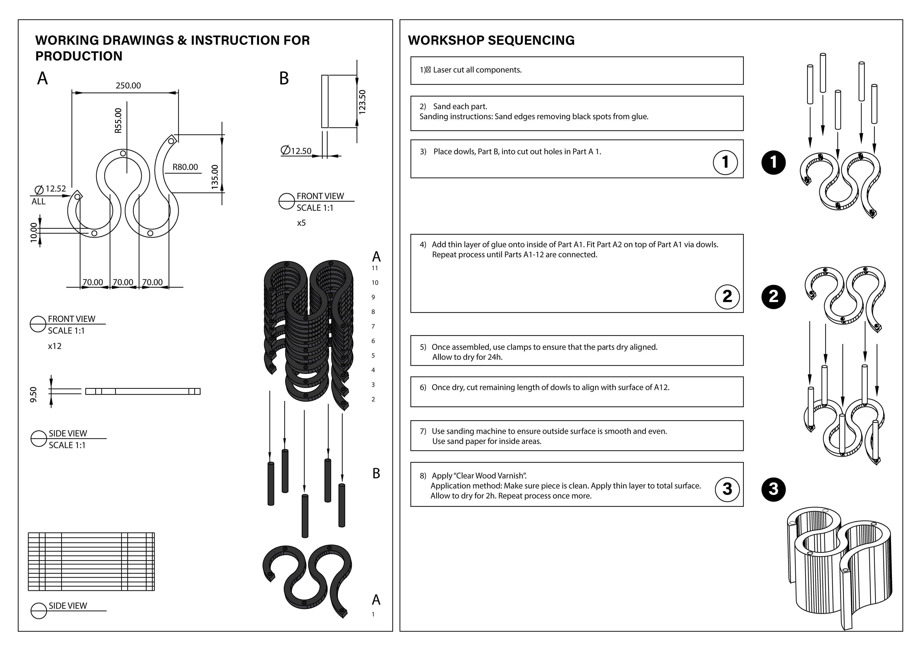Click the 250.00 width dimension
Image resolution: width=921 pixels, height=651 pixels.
pos(128,85)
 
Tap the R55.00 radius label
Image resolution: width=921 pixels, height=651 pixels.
pos(118,121)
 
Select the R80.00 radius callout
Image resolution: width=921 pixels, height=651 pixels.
pos(185,167)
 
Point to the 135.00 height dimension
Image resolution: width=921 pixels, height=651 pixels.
pos(215,177)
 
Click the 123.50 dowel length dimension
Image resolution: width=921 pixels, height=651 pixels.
pos(362,102)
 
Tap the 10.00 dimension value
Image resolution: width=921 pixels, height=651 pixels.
pos(34,232)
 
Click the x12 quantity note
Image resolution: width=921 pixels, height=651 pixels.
pos(54,346)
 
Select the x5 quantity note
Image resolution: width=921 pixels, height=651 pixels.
pos(301,223)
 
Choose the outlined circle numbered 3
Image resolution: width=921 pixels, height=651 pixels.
pos(727,489)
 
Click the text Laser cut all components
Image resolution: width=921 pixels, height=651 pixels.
pos(477,70)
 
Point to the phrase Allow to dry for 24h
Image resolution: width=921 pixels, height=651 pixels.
pos(467,357)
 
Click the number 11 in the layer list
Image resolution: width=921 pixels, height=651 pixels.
pos(375,268)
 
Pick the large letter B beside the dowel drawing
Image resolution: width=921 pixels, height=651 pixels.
pos(284,79)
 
